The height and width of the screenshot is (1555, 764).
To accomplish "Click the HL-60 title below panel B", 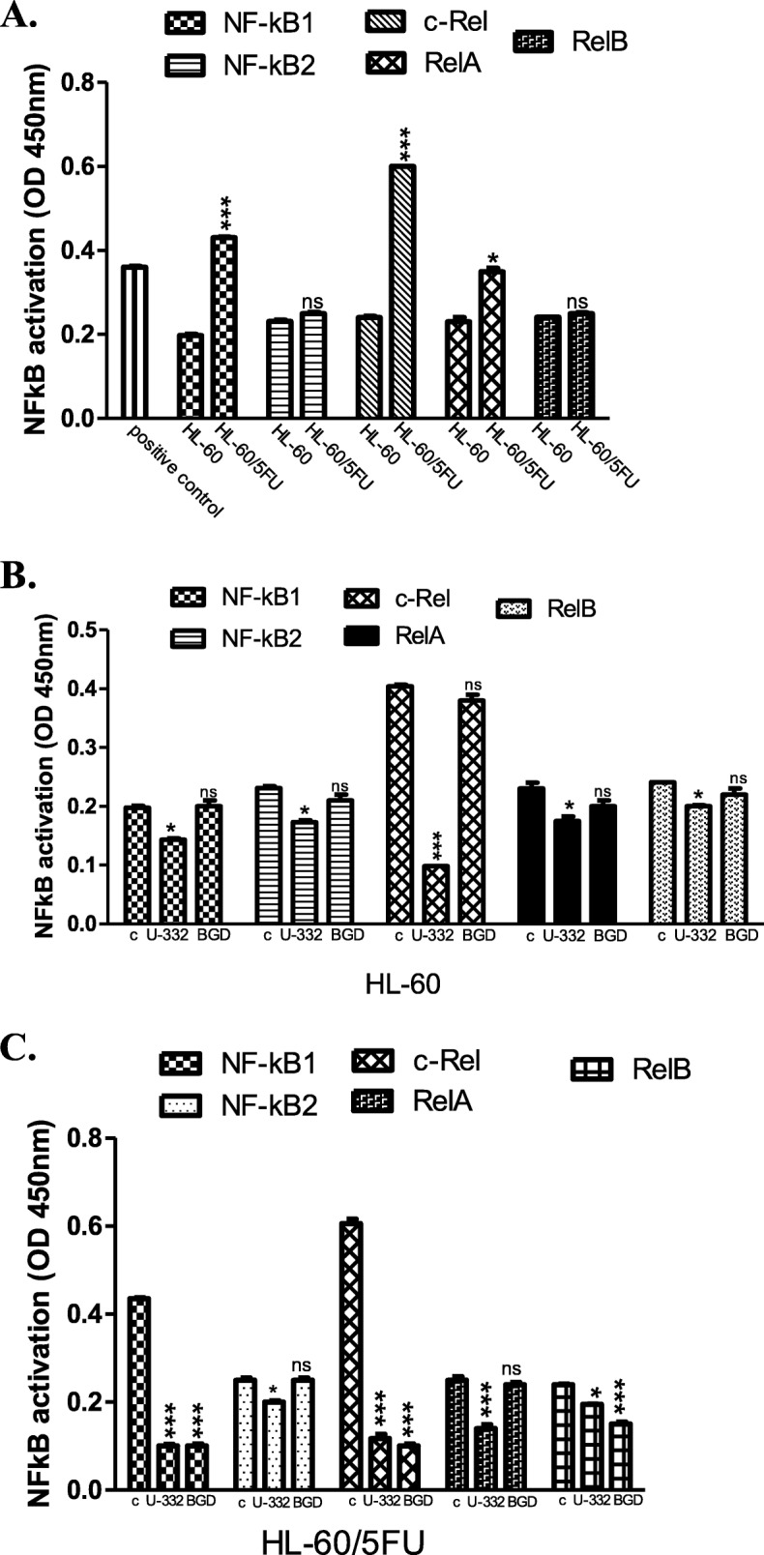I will (x=403, y=983).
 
